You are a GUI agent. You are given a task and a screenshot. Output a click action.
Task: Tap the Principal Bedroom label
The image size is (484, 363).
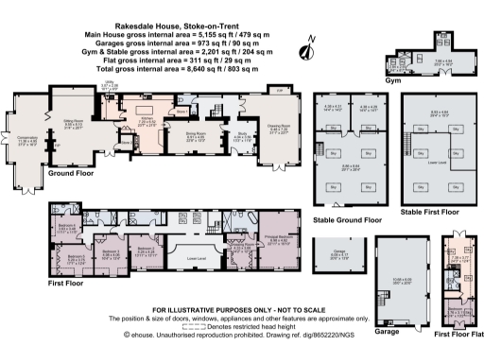284,238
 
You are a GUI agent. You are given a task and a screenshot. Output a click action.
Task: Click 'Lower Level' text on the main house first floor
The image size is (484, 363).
196,256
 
